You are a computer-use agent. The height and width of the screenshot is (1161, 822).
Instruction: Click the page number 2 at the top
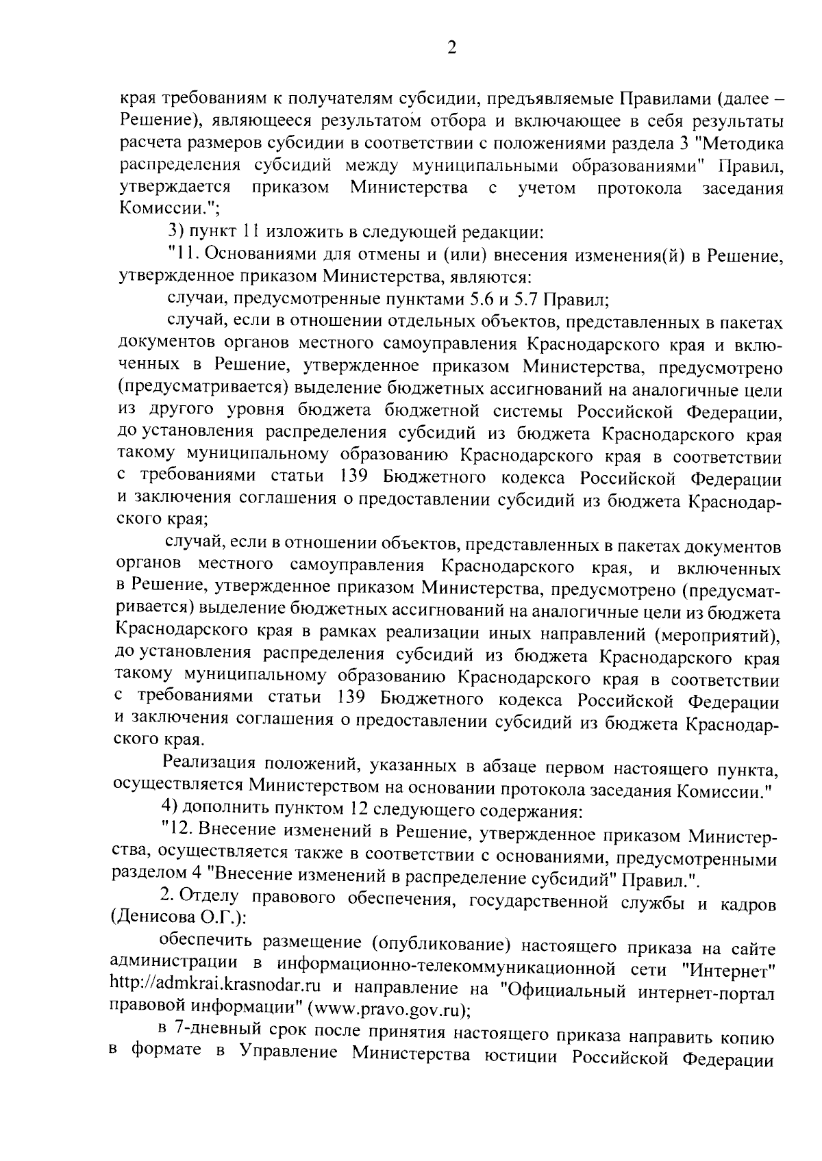click(451, 47)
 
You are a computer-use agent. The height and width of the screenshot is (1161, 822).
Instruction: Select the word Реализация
click(209, 764)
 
